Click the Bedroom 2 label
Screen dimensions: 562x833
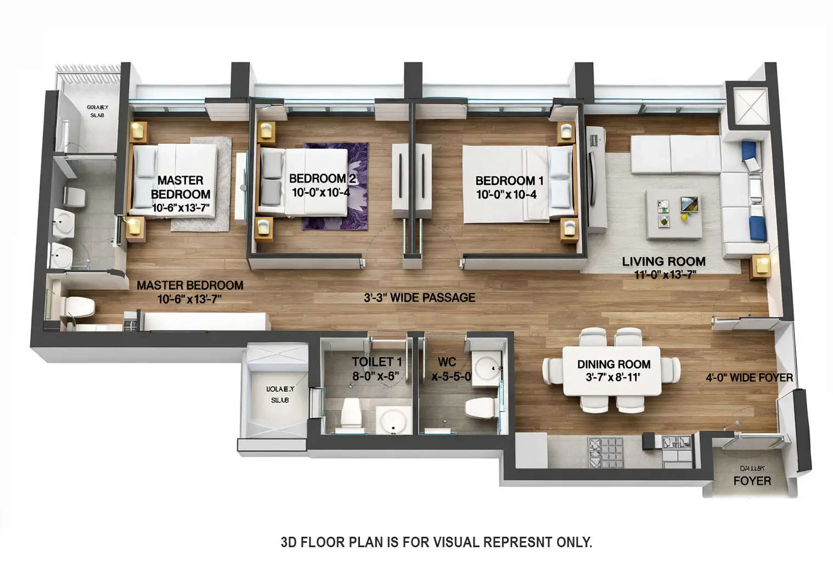point(323,178)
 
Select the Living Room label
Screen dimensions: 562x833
point(663,261)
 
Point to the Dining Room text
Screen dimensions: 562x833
point(614,364)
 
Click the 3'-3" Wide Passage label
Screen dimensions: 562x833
point(419,297)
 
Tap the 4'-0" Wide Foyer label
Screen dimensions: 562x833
point(749,378)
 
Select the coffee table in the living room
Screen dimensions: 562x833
point(673,213)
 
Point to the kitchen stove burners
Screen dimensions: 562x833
point(606,452)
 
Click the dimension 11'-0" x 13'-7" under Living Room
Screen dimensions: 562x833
point(665,275)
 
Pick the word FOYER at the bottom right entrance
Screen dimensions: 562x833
point(752,481)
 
